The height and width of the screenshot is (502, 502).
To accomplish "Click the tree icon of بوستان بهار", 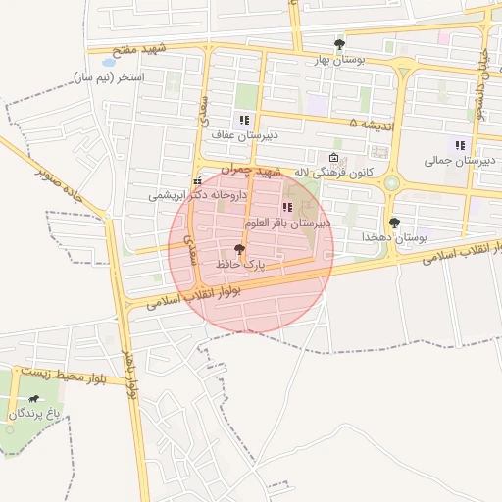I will tap(339, 44).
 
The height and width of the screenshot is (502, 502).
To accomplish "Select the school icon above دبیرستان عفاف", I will tap(244, 120).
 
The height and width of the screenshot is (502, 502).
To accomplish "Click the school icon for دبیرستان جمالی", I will tap(459, 145).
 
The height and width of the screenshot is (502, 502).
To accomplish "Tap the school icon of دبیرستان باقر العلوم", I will tap(287, 207).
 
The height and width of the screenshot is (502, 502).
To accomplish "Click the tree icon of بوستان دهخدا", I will tap(394, 223).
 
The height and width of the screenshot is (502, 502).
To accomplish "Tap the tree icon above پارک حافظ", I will tap(240, 250).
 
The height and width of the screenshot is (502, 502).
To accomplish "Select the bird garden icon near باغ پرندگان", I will tap(35, 399).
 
